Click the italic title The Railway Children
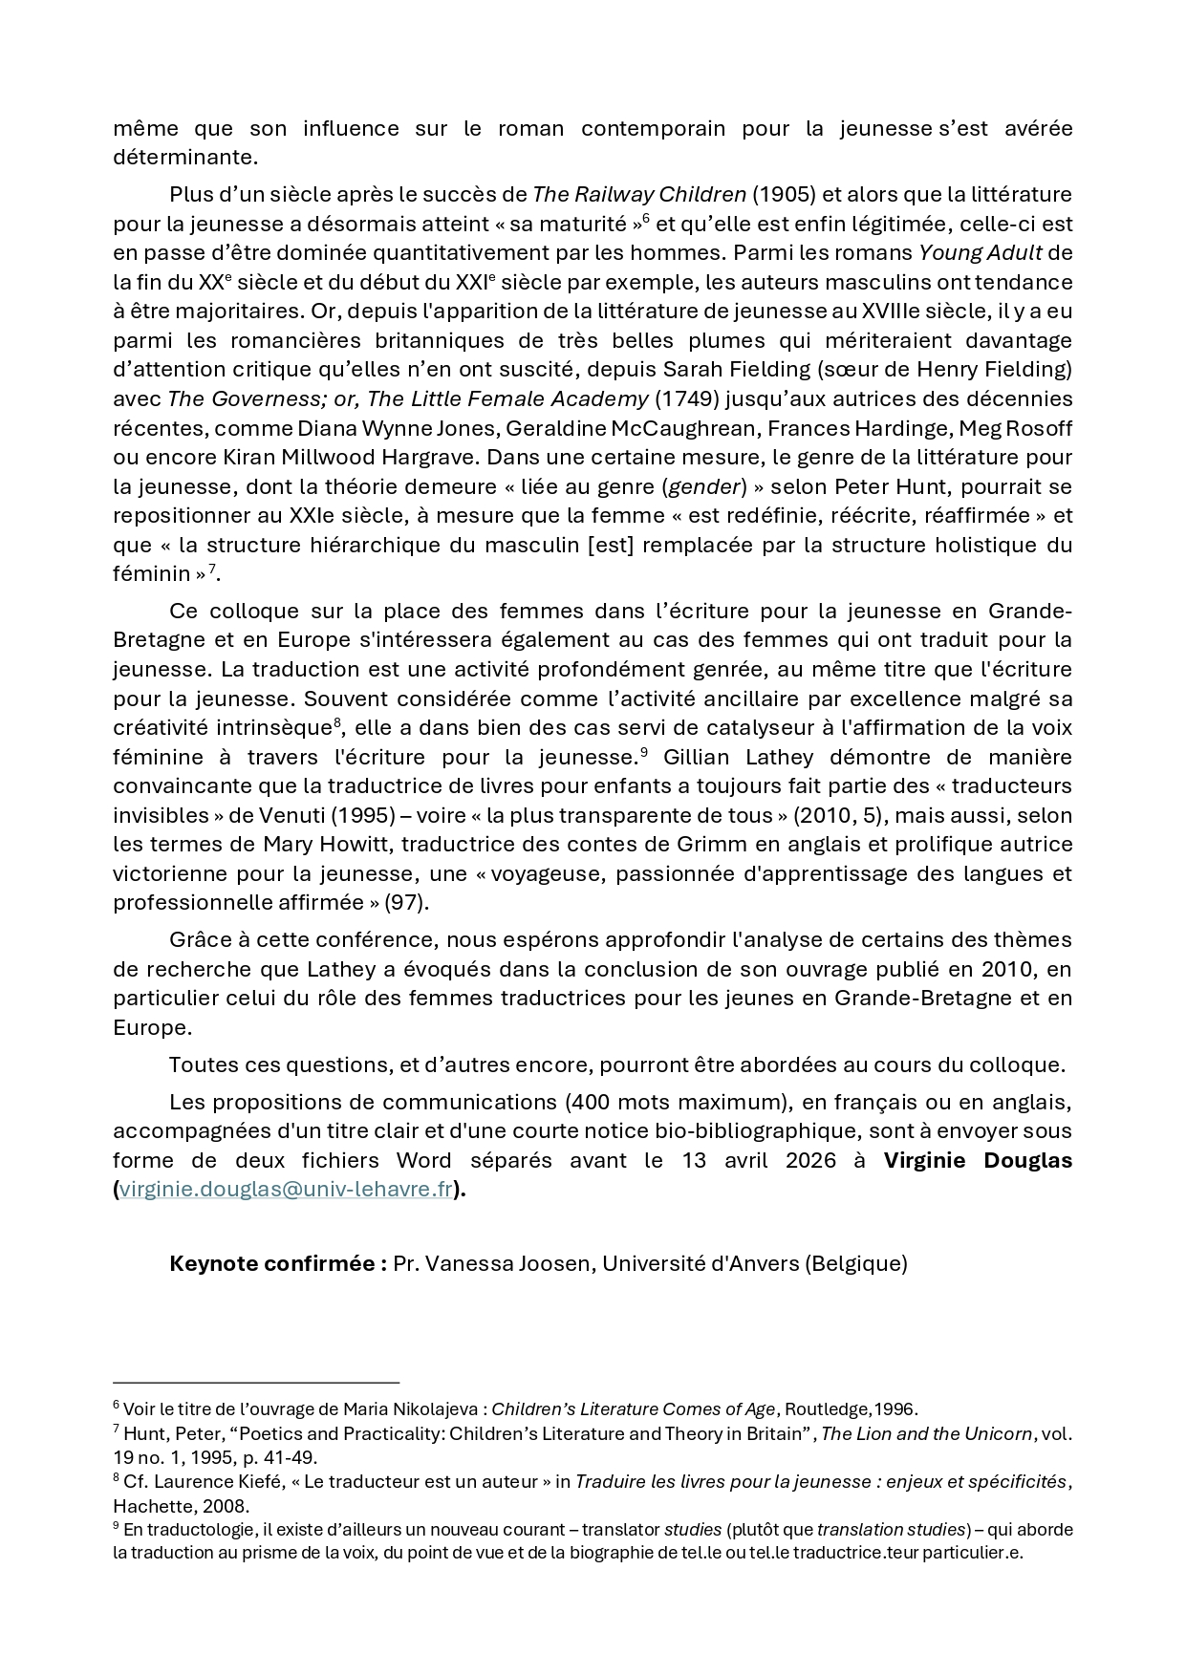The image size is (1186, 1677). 638,195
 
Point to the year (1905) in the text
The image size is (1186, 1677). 784,195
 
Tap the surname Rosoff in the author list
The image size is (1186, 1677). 1038,428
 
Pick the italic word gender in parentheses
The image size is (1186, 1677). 704,487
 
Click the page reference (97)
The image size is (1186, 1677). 406,903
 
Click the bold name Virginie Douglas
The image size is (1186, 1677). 977,1161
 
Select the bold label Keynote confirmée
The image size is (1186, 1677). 277,1264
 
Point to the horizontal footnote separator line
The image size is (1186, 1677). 256,1383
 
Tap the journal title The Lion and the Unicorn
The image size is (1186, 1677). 926,1434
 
